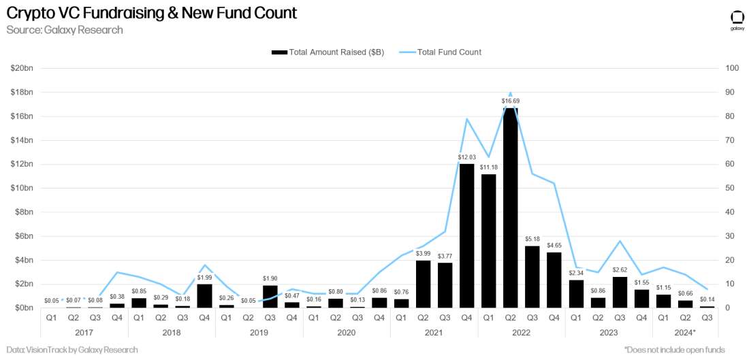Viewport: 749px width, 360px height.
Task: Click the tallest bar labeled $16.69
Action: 510,208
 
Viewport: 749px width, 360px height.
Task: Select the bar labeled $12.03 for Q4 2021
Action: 466,235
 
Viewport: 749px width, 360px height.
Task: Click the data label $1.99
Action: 204,278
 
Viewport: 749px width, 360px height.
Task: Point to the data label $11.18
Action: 488,167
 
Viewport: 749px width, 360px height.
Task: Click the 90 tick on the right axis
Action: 732,92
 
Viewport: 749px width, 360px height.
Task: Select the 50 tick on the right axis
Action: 732,188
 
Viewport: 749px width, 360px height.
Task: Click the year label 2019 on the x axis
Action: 259,332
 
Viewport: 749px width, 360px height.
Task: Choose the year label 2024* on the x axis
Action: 684,332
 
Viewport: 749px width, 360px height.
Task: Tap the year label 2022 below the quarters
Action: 521,332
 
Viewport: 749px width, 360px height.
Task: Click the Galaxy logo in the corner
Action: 737,20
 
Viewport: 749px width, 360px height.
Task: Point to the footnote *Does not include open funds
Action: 674,350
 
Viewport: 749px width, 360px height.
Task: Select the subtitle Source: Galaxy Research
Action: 65,30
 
